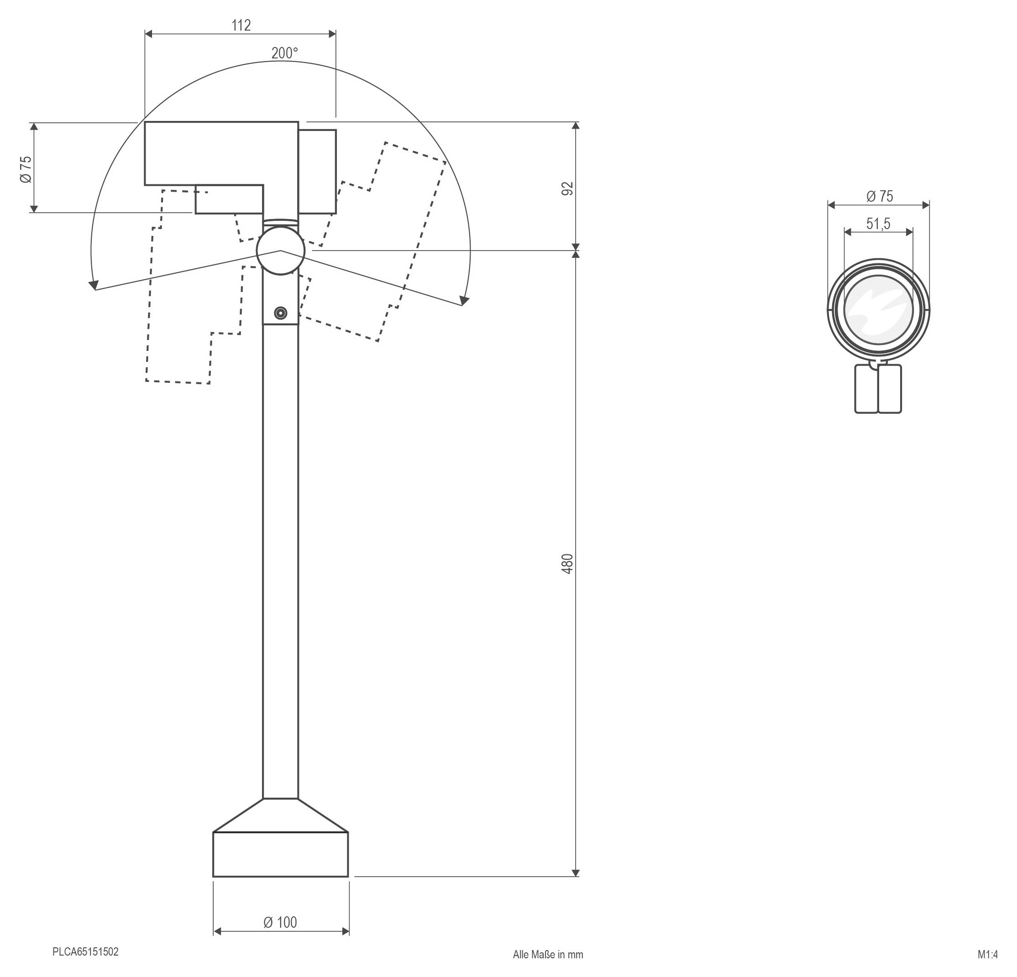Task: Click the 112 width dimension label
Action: pos(241,26)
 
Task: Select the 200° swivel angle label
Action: pos(284,53)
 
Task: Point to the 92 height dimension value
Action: pos(568,188)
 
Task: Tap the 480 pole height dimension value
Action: pos(568,564)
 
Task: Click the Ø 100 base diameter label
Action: pos(280,922)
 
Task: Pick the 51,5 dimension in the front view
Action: pos(878,224)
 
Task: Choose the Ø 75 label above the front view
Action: pos(880,197)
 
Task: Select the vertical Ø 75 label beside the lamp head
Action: pos(26,169)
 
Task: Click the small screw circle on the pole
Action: pos(281,313)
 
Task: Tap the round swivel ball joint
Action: pos(280,251)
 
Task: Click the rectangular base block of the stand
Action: pos(280,855)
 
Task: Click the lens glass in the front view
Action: pos(878,310)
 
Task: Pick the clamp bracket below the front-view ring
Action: pos(878,389)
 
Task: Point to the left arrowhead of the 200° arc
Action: pos(94,285)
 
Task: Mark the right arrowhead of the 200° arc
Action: pos(465,300)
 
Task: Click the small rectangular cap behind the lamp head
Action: pos(317,172)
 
